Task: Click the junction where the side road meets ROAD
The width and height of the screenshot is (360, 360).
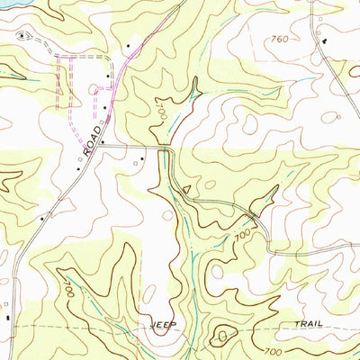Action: pos(104,143)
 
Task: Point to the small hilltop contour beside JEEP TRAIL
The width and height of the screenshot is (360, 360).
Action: pos(222,337)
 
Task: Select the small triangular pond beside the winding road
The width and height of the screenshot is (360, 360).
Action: pos(185,189)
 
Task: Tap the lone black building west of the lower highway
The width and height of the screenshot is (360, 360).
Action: pos(40,217)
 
